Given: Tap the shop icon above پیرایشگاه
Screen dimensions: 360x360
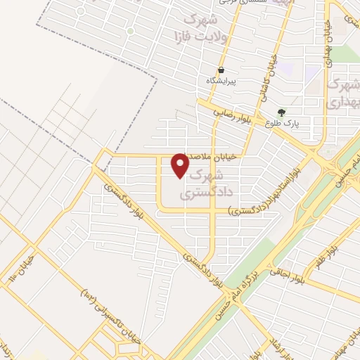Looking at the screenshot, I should click(221, 70).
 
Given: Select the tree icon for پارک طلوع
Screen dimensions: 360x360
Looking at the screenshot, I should click(282, 112).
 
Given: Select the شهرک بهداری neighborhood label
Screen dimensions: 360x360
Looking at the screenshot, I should click(343, 92).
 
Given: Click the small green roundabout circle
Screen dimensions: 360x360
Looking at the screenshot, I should click(130, 31).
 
